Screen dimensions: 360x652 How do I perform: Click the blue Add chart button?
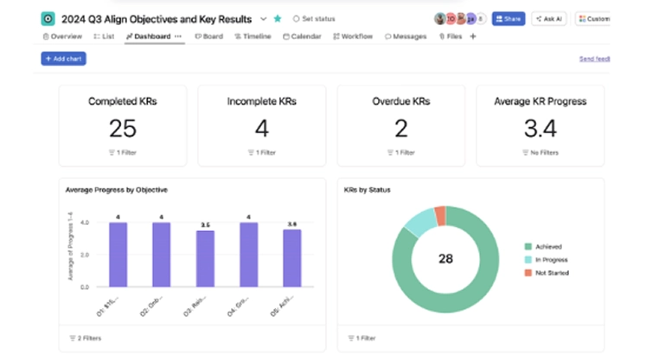[63, 59]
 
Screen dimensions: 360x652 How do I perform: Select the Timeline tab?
[252, 36]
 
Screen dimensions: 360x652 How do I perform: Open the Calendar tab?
[302, 36]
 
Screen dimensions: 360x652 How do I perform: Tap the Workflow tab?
[353, 36]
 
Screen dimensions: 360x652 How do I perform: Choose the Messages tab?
[406, 36]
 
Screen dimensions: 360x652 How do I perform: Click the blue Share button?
[508, 18]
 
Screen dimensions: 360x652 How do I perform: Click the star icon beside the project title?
[278, 18]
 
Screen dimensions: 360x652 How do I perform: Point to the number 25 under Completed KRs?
[123, 128]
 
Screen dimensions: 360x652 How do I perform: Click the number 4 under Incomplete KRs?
[261, 128]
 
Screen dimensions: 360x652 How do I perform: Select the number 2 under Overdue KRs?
[401, 128]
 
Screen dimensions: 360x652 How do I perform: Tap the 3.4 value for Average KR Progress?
[540, 128]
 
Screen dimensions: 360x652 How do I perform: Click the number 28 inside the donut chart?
[445, 259]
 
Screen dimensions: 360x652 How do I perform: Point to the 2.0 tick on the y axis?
[85, 254]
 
